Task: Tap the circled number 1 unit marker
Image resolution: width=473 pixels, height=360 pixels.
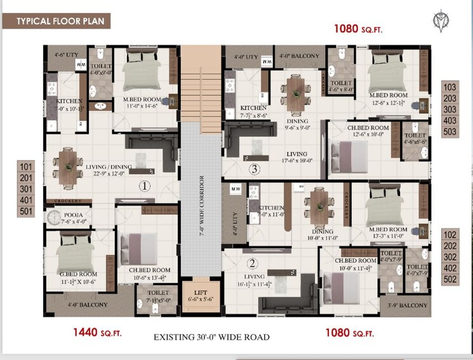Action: tap(143, 186)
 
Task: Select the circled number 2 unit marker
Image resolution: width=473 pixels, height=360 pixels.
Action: tap(252, 263)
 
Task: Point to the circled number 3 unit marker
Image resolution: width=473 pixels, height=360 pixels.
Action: tap(254, 170)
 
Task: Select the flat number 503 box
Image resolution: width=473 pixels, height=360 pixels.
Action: tap(450, 132)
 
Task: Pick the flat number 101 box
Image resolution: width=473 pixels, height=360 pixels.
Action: tap(26, 167)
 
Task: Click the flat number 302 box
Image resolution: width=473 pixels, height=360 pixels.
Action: tap(450, 257)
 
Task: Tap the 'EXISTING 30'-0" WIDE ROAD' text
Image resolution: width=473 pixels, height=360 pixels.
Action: tap(211, 337)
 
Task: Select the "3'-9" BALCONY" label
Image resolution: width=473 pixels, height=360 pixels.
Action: tap(409, 305)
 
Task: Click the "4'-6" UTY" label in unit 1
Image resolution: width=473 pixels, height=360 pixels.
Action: tap(65, 55)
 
